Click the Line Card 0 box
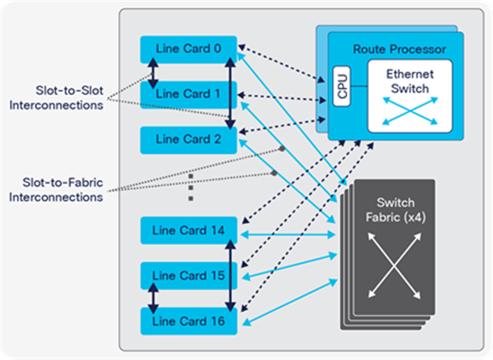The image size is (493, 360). [x=189, y=49]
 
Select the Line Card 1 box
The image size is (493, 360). [x=189, y=94]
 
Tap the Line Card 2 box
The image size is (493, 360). [x=189, y=139]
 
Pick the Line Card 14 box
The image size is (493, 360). [x=189, y=231]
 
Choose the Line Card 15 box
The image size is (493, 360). [x=189, y=275]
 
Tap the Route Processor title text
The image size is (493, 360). [x=399, y=49]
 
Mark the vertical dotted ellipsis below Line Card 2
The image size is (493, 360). [x=190, y=187]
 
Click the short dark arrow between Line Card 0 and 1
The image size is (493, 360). [x=152, y=73]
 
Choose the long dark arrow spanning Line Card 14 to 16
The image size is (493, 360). [x=228, y=276]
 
